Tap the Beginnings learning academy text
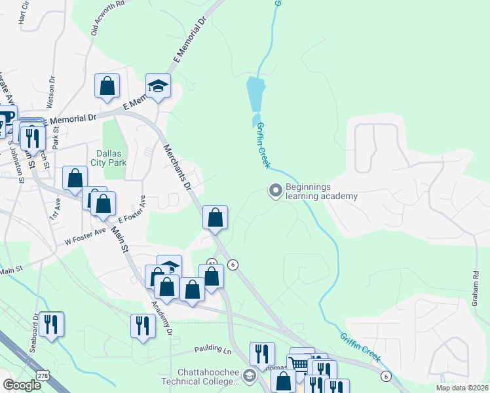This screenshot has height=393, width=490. pyautogui.click(x=321, y=191)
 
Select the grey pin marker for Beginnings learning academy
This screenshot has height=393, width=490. pyautogui.click(x=276, y=191)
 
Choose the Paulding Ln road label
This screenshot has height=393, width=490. pyautogui.click(x=213, y=350)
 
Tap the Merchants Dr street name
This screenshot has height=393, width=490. pyautogui.click(x=177, y=168)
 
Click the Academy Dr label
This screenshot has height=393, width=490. pyautogui.click(x=161, y=318)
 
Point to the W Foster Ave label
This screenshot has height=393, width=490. pyautogui.click(x=85, y=236)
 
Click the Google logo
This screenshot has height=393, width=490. pyautogui.click(x=22, y=385)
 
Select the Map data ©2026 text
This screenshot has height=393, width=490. pyautogui.click(x=461, y=387)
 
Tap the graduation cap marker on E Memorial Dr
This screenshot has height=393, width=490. pyautogui.click(x=158, y=86)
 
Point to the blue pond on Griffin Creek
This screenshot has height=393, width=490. pyautogui.click(x=256, y=96)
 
